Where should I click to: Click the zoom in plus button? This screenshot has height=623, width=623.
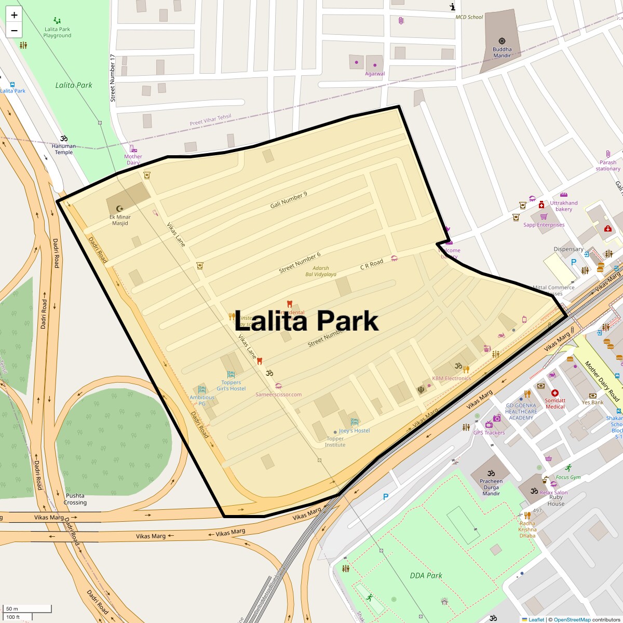(x=14, y=15)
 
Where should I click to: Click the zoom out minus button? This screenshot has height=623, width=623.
(x=14, y=30)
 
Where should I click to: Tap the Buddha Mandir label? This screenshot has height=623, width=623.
(x=502, y=52)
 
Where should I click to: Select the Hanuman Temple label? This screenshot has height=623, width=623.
(x=64, y=149)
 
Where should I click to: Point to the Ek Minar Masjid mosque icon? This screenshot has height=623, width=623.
(x=120, y=208)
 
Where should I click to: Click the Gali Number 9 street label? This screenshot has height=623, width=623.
(x=289, y=200)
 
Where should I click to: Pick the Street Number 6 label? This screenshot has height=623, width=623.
(x=300, y=263)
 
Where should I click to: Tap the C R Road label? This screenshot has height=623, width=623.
(x=372, y=264)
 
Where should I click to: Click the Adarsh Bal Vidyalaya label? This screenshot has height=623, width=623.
(x=321, y=271)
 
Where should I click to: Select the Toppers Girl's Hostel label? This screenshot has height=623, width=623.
(x=231, y=385)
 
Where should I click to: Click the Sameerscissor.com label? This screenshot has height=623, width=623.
(x=278, y=395)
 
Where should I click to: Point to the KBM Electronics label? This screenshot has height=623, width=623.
(x=451, y=378)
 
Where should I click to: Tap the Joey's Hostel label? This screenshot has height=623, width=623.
(x=355, y=431)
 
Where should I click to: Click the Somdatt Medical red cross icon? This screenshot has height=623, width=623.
(x=554, y=394)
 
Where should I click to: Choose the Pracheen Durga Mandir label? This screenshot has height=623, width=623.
(x=491, y=487)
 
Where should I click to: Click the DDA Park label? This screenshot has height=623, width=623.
(x=426, y=575)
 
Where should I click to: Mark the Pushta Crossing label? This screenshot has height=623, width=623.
(x=75, y=499)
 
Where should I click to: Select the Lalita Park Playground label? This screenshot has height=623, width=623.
(x=57, y=32)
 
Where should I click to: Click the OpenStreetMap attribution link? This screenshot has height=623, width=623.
(x=572, y=619)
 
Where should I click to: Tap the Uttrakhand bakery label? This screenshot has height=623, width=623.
(x=564, y=206)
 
